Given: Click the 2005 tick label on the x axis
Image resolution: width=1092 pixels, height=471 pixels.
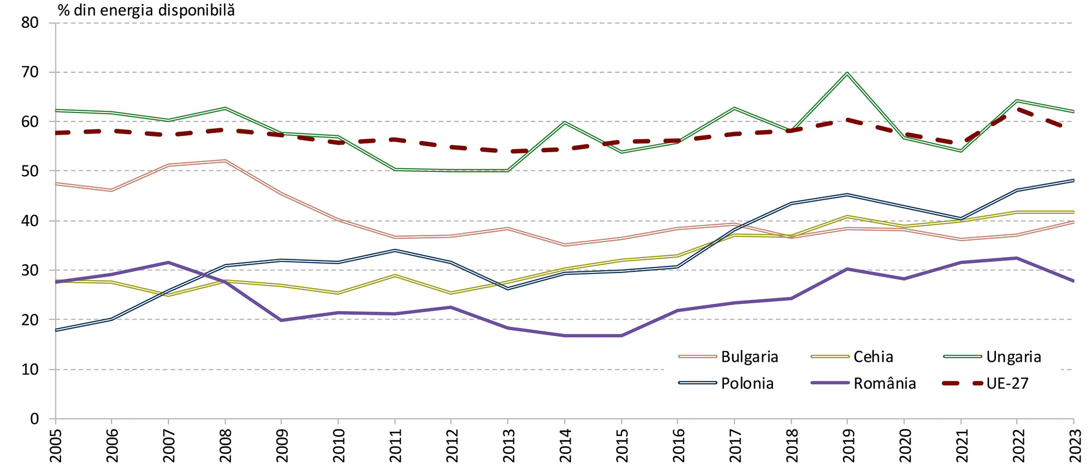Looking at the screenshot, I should coord(56,445).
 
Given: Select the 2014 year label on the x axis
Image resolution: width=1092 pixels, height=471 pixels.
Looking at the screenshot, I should coord(565,445).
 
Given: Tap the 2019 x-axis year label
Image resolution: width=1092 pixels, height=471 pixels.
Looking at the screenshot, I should coord(847,445).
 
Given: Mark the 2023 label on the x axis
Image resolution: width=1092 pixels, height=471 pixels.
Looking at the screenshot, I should coord(1073,445).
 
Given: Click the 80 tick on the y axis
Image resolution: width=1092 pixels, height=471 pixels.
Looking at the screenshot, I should coord(30,23).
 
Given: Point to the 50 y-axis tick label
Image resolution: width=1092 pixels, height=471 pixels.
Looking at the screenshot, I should coord(30,171).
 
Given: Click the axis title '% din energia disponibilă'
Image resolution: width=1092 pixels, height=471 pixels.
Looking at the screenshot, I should coord(146,10).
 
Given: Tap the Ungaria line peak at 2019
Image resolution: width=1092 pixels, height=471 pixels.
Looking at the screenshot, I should coord(847,73).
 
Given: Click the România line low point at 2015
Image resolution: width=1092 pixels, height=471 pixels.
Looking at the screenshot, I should coord(621,336).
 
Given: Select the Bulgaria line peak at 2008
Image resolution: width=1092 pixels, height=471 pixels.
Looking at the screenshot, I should coord(225,160).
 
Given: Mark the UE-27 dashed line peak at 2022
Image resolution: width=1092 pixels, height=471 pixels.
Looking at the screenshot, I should coord(1017,109).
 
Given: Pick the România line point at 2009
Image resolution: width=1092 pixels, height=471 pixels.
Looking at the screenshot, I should coord(281,320).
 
